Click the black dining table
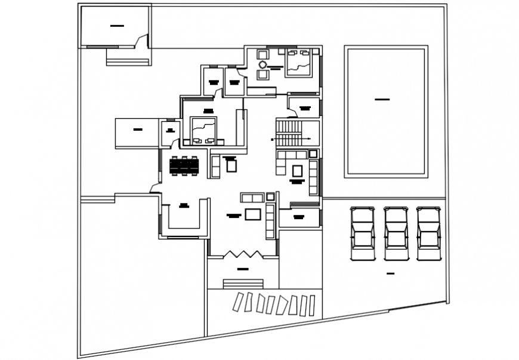click(x=184, y=165)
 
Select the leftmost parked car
click(x=362, y=233)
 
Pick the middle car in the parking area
click(x=396, y=233)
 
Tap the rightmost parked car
click(x=428, y=233)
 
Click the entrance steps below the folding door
click(x=243, y=284)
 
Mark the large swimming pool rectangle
click(x=386, y=112)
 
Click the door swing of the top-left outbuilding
click(x=141, y=40)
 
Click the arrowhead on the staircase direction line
click(x=310, y=139)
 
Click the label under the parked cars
click(x=391, y=273)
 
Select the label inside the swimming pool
click(x=382, y=99)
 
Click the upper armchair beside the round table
click(x=262, y=54)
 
